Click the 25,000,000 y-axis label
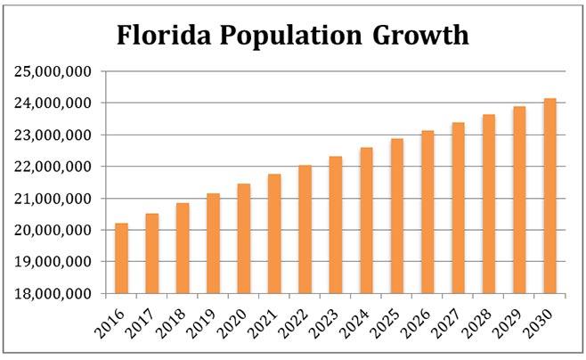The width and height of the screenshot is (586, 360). click(53, 71)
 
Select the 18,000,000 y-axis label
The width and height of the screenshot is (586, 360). click(53, 293)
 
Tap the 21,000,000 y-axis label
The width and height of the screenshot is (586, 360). click(53, 198)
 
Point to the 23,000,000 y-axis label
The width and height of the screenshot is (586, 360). click(53, 135)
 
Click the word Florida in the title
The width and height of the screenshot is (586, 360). click(165, 37)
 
